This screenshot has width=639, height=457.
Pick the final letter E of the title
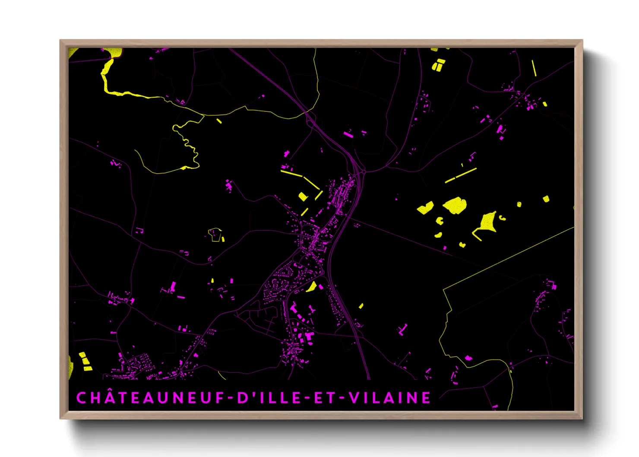tap(426, 397)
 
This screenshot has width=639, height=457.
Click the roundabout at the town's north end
tap(364, 171)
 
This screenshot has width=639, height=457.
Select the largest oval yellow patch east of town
tap(455, 205)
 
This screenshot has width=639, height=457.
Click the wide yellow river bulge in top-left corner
tap(115, 53)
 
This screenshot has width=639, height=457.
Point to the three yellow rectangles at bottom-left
tap(85, 362)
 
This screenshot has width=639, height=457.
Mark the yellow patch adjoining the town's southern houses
tap(312, 286)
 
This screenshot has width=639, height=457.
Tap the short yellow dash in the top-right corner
tap(534, 68)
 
